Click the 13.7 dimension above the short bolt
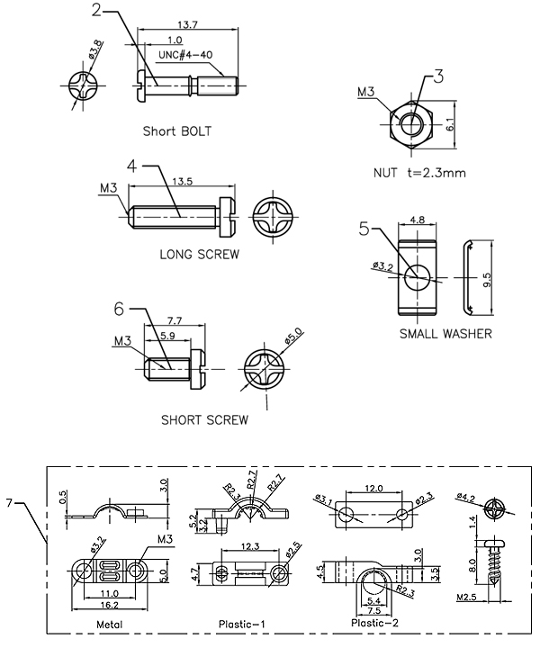(187, 24)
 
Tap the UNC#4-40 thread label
(185, 55)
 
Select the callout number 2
(96, 10)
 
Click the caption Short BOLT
(176, 131)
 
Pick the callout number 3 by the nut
(438, 76)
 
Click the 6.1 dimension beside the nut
(450, 124)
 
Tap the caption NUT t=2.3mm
(419, 172)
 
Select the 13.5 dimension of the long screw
(182, 181)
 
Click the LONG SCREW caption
(200, 254)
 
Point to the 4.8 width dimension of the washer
(417, 220)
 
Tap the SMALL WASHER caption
(445, 334)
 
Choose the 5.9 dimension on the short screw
(167, 336)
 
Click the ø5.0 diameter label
(293, 335)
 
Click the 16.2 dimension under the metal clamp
(110, 605)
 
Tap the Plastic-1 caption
(242, 624)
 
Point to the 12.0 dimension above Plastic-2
(373, 489)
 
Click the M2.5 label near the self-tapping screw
(467, 598)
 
